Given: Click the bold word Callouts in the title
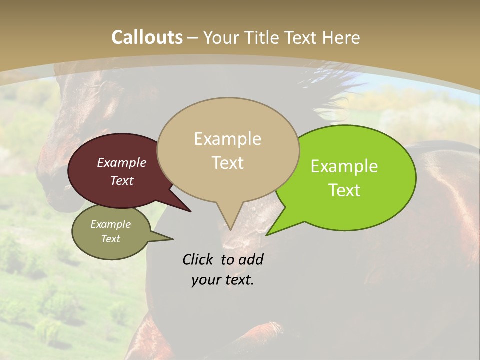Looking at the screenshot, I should tap(147, 37).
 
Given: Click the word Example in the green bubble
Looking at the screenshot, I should tap(344, 166).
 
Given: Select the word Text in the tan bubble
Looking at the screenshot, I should tap(228, 163).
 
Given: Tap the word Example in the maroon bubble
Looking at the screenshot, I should tap(122, 162).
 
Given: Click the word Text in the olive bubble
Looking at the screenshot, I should tap(111, 239).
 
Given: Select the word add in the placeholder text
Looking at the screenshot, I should tap(251, 259).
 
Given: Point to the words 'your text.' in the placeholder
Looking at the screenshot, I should tap(223, 280).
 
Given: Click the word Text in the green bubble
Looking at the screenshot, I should tap(345, 190).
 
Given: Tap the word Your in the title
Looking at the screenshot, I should tap(223, 37).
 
